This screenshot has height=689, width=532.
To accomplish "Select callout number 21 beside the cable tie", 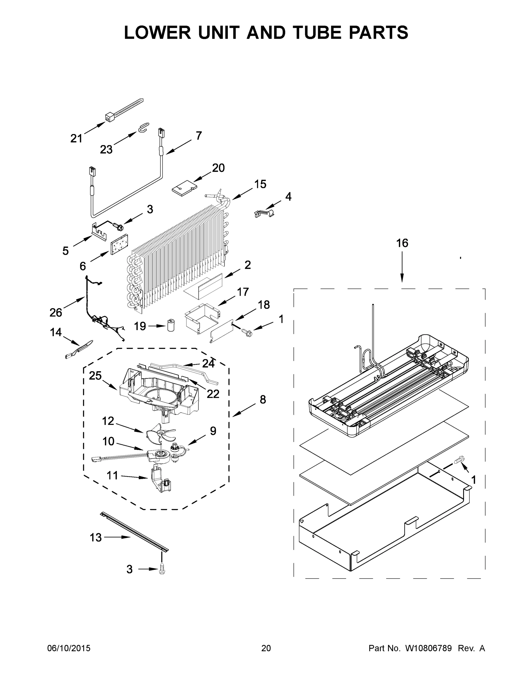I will [x=76, y=138].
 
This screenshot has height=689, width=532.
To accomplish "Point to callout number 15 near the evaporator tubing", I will [x=260, y=184].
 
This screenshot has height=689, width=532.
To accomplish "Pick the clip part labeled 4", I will [x=264, y=213].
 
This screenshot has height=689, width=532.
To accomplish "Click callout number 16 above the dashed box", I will [x=402, y=243].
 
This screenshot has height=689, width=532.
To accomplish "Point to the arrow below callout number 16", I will [x=402, y=268].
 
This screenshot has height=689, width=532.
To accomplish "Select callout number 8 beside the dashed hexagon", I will [x=262, y=399].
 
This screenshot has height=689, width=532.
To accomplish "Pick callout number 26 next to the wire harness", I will [x=56, y=313].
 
